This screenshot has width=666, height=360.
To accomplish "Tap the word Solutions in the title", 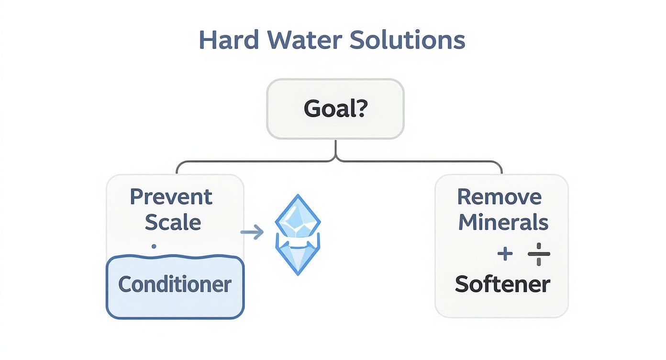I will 407,40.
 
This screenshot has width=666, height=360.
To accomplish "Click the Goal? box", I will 335,109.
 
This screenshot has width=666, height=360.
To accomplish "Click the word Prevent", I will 171,197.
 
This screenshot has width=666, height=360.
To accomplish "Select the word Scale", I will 172,223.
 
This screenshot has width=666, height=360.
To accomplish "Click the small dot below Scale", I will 154,247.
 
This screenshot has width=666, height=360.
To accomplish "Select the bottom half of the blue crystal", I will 298,256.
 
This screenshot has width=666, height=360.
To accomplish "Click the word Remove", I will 499,197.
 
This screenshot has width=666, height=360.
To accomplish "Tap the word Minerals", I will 503,223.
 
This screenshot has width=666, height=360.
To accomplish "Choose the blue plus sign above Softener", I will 505,254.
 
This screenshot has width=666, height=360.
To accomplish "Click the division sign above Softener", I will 539,254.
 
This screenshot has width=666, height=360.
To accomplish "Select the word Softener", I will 502,284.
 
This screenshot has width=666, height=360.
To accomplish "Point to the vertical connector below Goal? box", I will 335,149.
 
